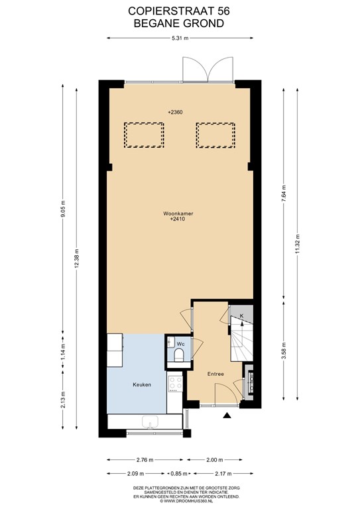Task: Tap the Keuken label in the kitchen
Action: [x=142, y=384]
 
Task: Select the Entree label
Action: [x=215, y=374]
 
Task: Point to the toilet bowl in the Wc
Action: [x=178, y=357]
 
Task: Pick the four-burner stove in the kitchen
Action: [x=176, y=383]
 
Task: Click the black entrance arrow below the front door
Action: [x=227, y=416]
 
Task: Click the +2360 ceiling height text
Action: [x=176, y=112]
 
